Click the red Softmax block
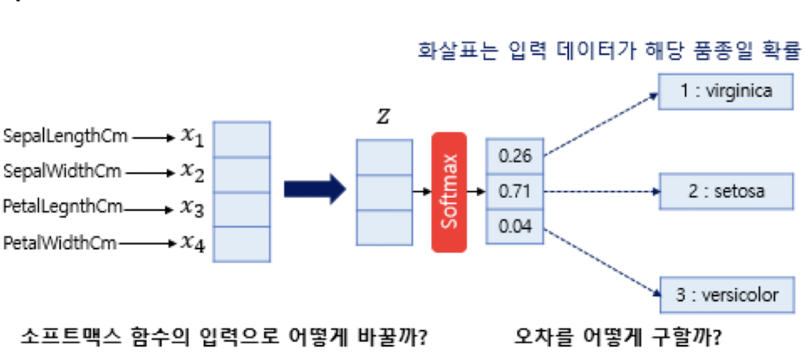coord(448,192)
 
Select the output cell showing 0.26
coord(514,156)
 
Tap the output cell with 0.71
coord(514,191)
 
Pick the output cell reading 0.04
coord(514,226)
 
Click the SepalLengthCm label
coord(66,137)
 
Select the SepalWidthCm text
coord(63,171)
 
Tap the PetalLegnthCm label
coord(63,207)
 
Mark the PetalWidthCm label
coord(60,243)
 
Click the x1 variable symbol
coord(192,137)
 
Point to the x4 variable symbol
coord(192,243)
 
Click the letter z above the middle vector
coord(382,118)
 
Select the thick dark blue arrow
coord(314,190)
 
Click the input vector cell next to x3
coord(241,208)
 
